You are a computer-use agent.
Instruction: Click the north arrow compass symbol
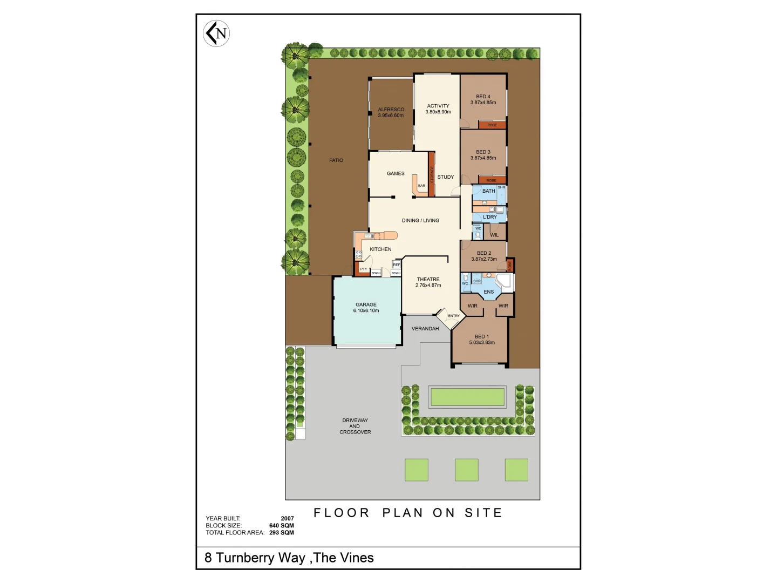tap(216, 33)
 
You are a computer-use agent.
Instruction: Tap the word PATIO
tap(336, 160)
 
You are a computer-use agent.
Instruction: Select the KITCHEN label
tap(380, 249)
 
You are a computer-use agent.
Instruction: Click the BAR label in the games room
tap(421, 186)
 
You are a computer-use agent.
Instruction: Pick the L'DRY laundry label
tap(490, 217)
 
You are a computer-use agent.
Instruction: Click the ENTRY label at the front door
tap(454, 316)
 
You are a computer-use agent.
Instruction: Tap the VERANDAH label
tap(425, 329)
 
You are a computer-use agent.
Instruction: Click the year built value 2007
tap(287, 518)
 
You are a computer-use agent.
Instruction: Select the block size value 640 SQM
tap(281, 525)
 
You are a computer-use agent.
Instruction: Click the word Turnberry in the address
tap(261, 558)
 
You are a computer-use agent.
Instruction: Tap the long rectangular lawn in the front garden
tap(467, 397)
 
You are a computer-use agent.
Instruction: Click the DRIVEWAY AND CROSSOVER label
tap(355, 426)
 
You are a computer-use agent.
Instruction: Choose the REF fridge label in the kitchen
tap(397, 265)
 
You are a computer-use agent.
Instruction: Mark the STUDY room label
tap(446, 177)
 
